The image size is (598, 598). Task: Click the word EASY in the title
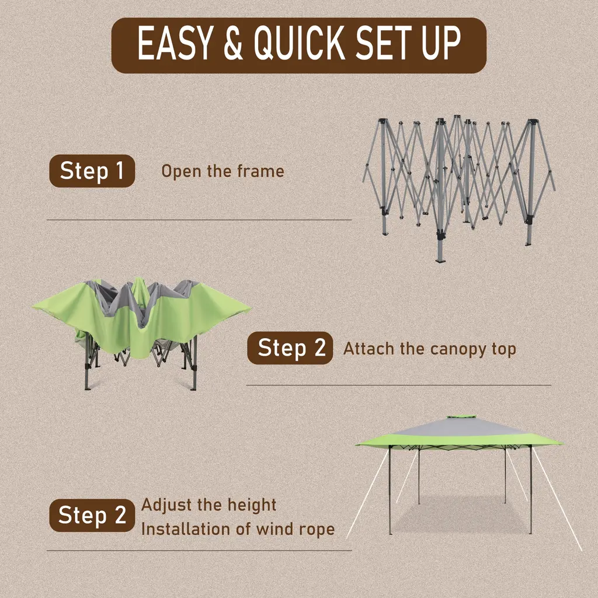[173, 43]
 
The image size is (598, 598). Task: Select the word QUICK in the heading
[300, 43]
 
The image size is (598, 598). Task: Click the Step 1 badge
[92, 171]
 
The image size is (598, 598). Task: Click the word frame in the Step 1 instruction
[260, 171]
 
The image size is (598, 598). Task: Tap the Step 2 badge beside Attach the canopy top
[290, 348]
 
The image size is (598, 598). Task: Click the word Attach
[368, 349]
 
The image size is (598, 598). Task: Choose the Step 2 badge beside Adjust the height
[92, 515]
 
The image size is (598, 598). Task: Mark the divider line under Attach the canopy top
[399, 385]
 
